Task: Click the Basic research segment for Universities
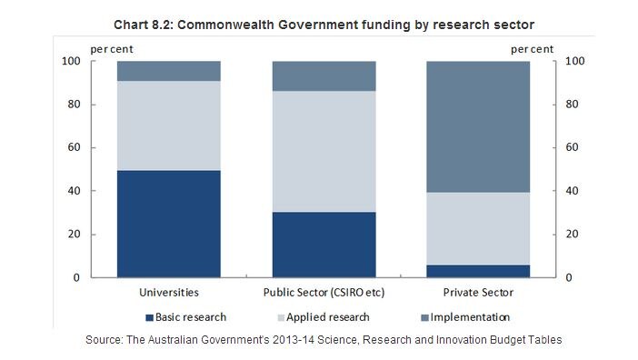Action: (x=169, y=224)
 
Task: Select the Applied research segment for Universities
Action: (x=169, y=125)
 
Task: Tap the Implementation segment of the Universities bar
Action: (x=169, y=71)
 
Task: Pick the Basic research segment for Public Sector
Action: (x=324, y=245)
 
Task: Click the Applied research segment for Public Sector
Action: (x=324, y=151)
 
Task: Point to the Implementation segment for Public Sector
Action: (x=324, y=76)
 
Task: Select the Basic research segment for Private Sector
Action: (x=478, y=271)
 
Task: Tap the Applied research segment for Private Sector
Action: (x=478, y=228)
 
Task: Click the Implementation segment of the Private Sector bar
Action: (x=478, y=127)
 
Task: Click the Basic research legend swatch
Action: (x=149, y=317)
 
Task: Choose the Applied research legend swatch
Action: (x=281, y=317)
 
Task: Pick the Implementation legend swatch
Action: (x=424, y=317)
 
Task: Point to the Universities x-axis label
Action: (x=169, y=293)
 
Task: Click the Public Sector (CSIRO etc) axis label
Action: (x=324, y=293)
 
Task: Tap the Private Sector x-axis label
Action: (x=478, y=293)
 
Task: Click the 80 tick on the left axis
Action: (x=74, y=105)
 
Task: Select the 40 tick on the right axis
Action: (x=572, y=190)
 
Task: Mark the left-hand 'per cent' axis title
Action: (x=112, y=50)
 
